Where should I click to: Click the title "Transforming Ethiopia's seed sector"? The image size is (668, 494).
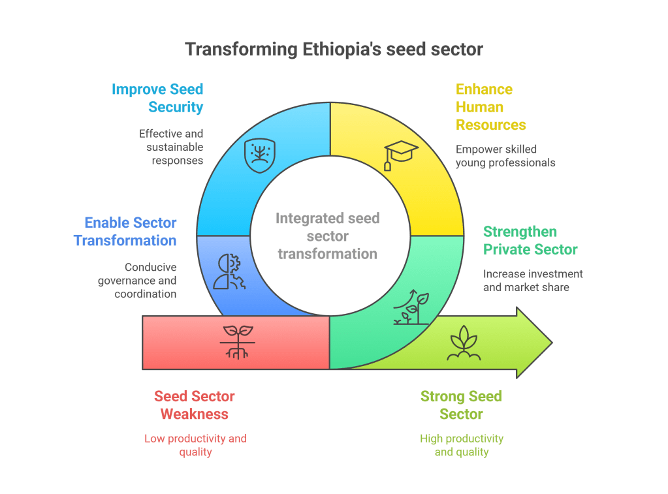pyautogui.click(x=334, y=50)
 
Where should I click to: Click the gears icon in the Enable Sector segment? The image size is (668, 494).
pyautogui.click(x=228, y=271)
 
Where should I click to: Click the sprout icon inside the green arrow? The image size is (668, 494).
pyautogui.click(x=464, y=343)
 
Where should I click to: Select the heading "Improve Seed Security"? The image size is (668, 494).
pyautogui.click(x=157, y=98)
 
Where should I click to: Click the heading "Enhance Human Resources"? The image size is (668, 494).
pyautogui.click(x=490, y=107)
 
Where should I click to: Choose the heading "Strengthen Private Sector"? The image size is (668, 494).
pyautogui.click(x=530, y=240)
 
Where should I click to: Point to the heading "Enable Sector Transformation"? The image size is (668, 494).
pyautogui.click(x=125, y=232)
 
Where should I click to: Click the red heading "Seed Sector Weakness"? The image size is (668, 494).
pyautogui.click(x=195, y=405)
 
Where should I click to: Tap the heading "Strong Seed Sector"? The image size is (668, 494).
pyautogui.click(x=461, y=405)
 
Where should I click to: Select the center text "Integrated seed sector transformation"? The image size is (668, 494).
pyautogui.click(x=328, y=236)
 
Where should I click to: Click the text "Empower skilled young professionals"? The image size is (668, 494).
pyautogui.click(x=505, y=155)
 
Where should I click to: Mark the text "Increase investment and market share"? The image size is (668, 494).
pyautogui.click(x=533, y=280)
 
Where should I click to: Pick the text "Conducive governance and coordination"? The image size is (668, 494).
pyautogui.click(x=137, y=281)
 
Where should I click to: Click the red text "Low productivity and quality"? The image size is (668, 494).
pyautogui.click(x=195, y=445)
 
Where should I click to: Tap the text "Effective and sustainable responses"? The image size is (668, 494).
pyautogui.click(x=171, y=147)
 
